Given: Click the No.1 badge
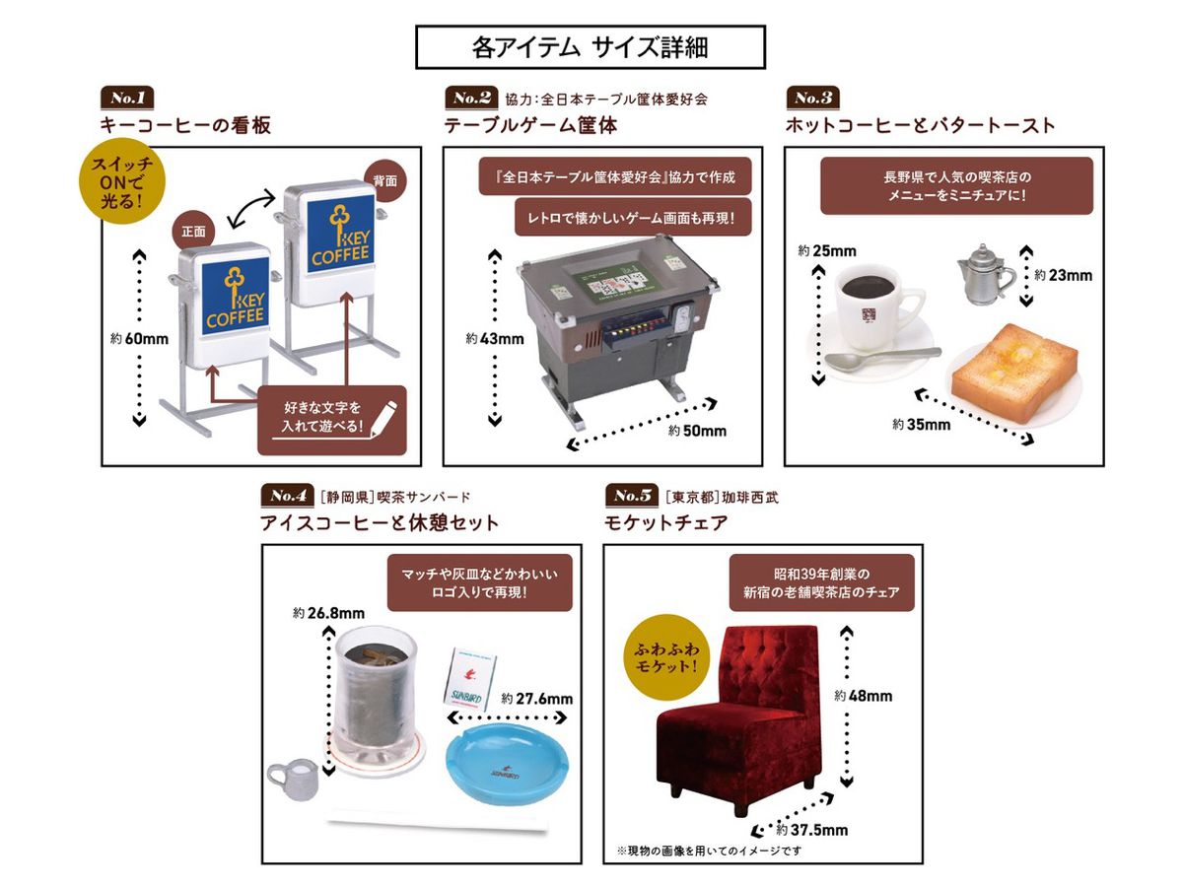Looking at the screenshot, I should [x=128, y=98].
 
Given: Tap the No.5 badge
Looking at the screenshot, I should [x=633, y=495].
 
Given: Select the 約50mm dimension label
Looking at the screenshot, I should [x=697, y=431].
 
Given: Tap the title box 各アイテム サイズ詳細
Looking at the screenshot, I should [x=590, y=45].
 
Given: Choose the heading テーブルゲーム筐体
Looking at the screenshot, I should [x=531, y=125].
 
